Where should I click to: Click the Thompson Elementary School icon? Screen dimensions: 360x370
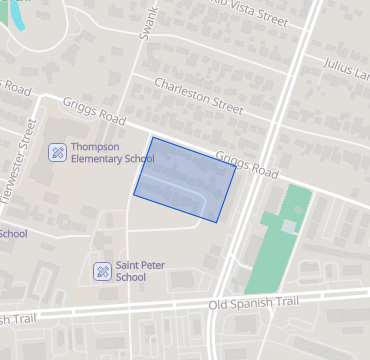point(58,152)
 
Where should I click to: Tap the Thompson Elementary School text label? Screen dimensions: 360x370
point(112,152)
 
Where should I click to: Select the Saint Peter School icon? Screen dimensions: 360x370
point(101,271)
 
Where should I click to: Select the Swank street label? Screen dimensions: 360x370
point(149,23)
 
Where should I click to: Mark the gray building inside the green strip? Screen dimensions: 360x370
point(288,227)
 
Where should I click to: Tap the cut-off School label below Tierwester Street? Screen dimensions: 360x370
point(13,234)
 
